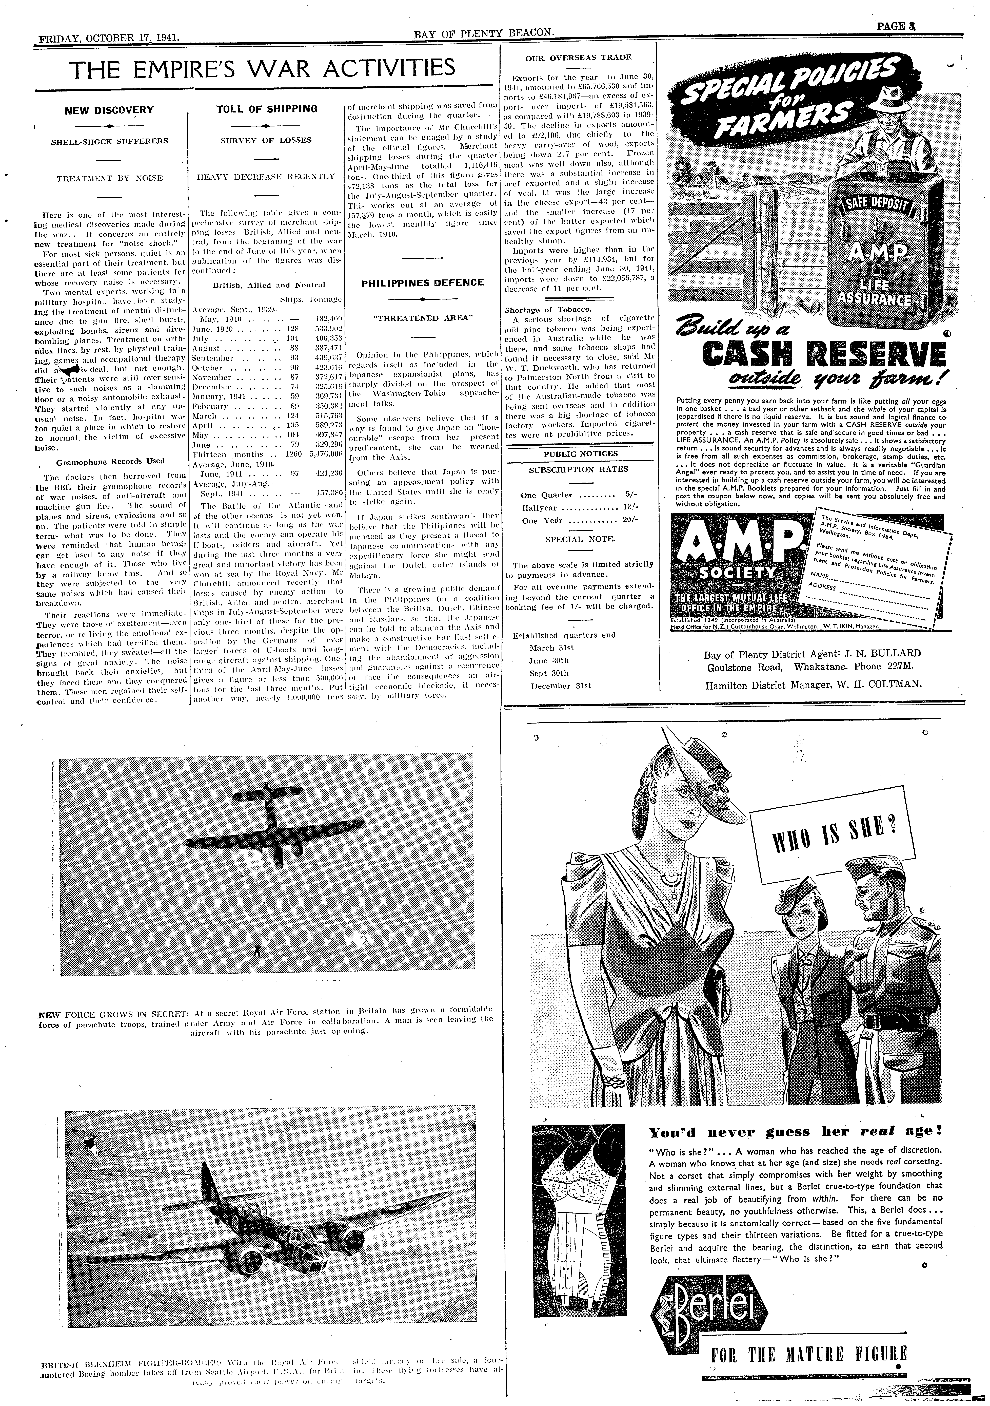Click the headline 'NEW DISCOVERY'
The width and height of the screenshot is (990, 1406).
(109, 110)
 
